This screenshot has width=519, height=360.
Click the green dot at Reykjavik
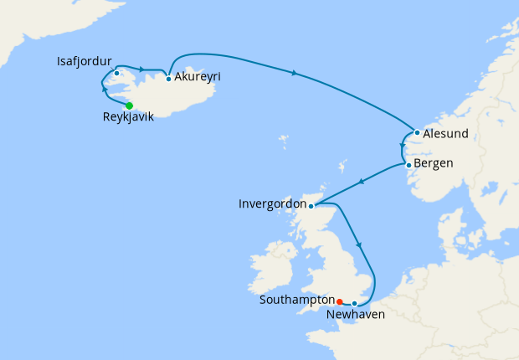coord(130,105)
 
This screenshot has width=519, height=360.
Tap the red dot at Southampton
coord(339,301)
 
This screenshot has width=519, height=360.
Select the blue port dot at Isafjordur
coord(116,73)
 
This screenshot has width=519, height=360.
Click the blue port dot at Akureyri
coord(169,79)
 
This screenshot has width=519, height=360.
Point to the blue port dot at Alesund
coord(417,132)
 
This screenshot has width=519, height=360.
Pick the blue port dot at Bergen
coord(409,164)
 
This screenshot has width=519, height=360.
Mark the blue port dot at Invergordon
coord(311,206)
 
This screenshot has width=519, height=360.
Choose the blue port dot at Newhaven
coord(355,303)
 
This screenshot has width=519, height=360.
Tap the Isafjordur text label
coord(84,61)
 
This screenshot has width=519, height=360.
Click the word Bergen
coord(434,163)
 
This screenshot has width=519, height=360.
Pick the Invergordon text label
coord(271,203)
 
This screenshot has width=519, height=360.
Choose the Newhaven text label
coord(356,316)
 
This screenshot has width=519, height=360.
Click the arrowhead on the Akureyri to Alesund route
coord(295,74)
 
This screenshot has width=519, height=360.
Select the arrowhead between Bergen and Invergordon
coord(361,182)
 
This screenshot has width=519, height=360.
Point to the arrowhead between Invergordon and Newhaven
coord(361,244)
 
